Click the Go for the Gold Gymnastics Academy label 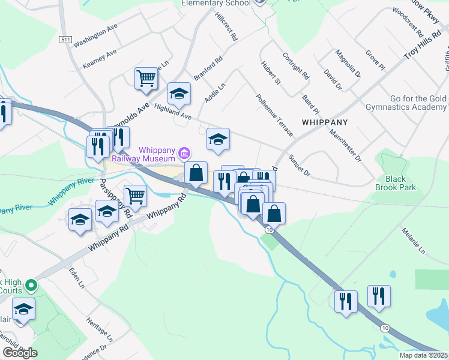[x=409, y=103]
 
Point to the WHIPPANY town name [x=325, y=121]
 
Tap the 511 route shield [x=65, y=39]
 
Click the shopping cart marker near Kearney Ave [x=146, y=78]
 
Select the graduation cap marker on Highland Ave [x=179, y=94]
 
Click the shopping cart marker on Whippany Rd [x=136, y=196]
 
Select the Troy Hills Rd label [x=418, y=46]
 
